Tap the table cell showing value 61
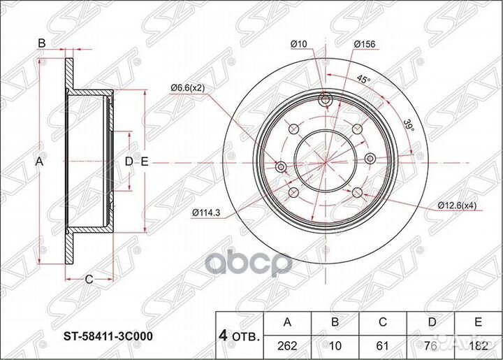382,345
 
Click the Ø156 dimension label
365,45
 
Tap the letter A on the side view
40,161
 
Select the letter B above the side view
41,43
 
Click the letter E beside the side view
145,161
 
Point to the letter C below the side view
89,280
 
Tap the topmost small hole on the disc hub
325,98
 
